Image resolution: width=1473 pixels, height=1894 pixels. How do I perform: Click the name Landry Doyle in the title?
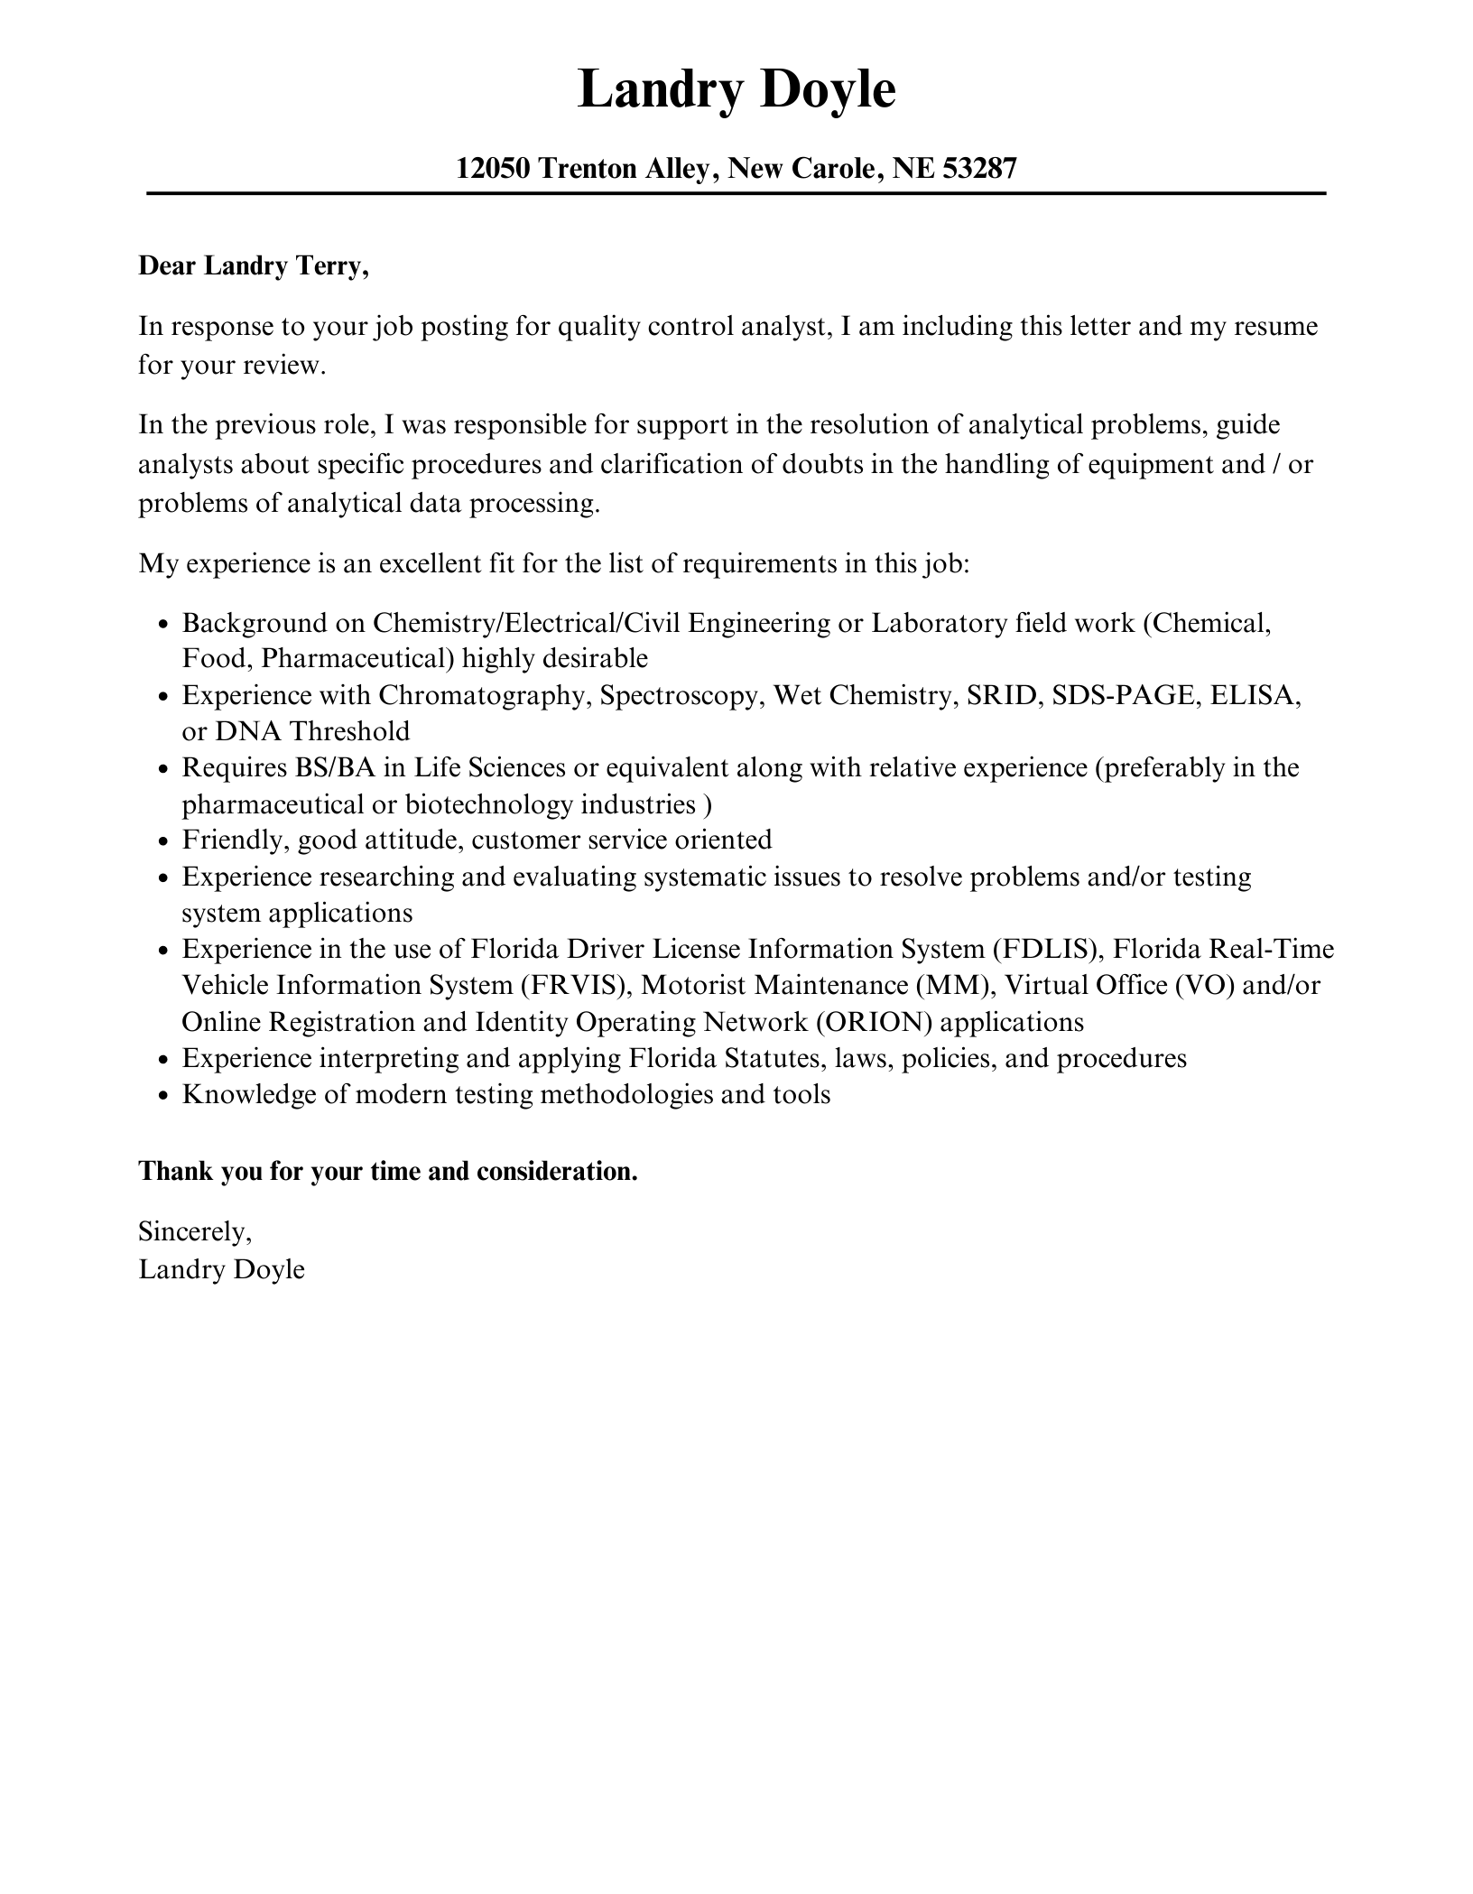(736, 90)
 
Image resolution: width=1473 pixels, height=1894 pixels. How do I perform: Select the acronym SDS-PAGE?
(1125, 695)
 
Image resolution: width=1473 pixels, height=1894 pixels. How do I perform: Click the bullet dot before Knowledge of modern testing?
(162, 1096)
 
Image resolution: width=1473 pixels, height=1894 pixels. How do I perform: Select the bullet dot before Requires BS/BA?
(162, 770)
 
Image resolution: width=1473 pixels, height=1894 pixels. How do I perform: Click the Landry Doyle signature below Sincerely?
(222, 1269)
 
